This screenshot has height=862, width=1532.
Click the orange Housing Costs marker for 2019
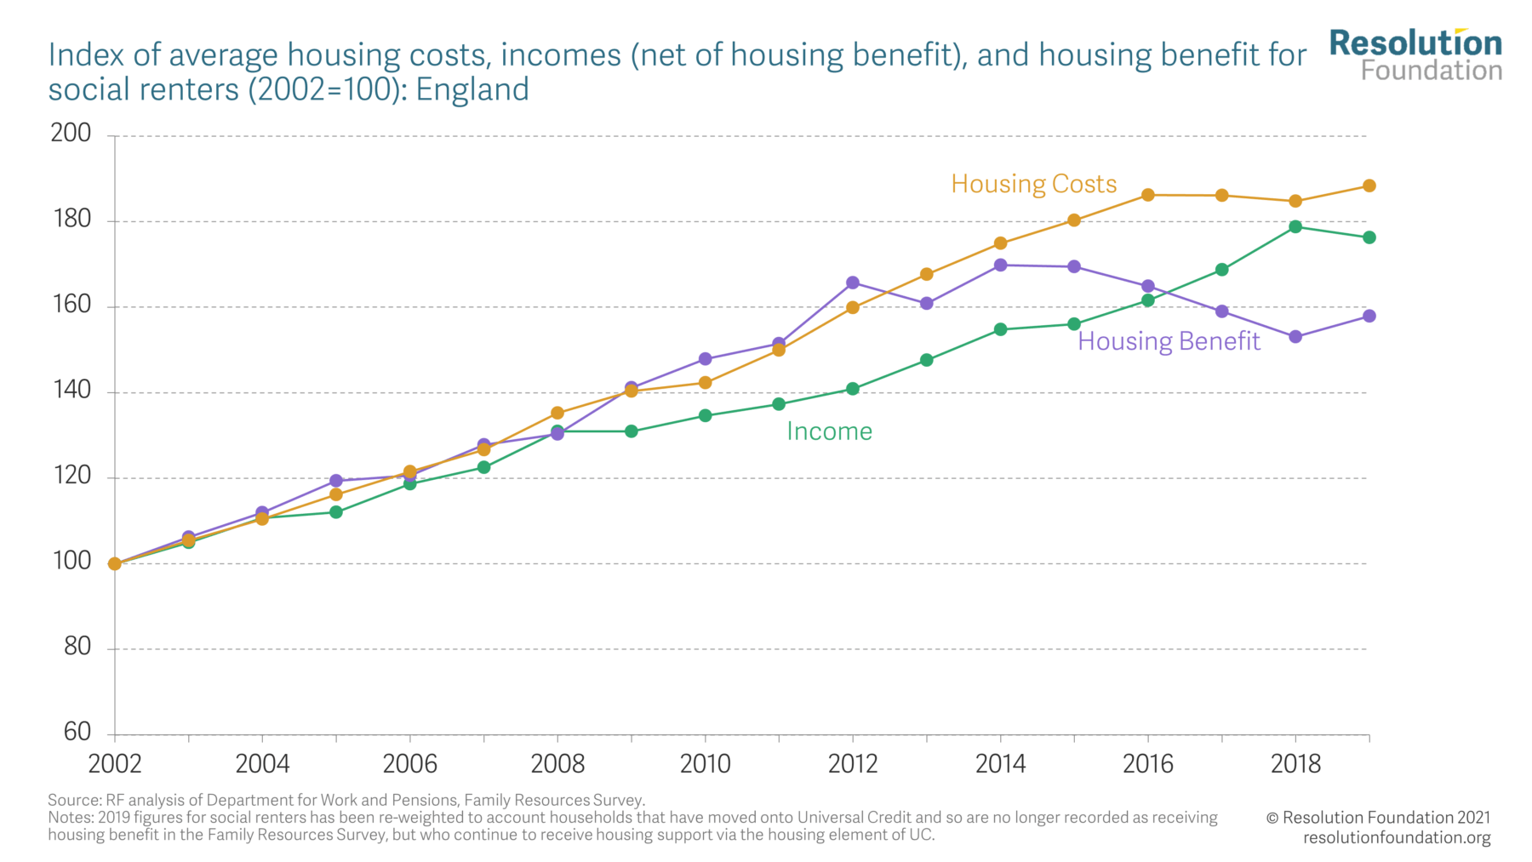pyautogui.click(x=1369, y=186)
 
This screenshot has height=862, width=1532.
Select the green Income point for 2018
pyautogui.click(x=1295, y=226)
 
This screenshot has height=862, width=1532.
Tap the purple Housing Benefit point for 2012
pyautogui.click(x=853, y=283)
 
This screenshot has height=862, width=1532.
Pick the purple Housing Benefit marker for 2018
pyautogui.click(x=1295, y=337)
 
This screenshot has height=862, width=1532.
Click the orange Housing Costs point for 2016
pyautogui.click(x=1147, y=195)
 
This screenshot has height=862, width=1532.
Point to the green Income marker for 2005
pyautogui.click(x=336, y=512)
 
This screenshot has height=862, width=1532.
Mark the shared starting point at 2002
pyautogui.click(x=115, y=563)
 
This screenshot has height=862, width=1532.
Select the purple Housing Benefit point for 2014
pyautogui.click(x=1000, y=265)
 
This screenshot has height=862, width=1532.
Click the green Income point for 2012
pyautogui.click(x=853, y=389)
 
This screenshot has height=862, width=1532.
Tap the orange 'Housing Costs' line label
pyautogui.click(x=1033, y=184)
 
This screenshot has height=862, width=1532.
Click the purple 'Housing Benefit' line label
pyautogui.click(x=1168, y=341)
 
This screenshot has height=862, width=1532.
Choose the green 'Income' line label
pyautogui.click(x=829, y=431)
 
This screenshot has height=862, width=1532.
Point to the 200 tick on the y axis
pyautogui.click(x=71, y=133)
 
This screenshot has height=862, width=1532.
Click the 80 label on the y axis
pyautogui.click(x=77, y=647)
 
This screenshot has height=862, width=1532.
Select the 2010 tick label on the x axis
pyautogui.click(x=705, y=764)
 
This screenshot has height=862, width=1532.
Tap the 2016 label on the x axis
pyautogui.click(x=1147, y=764)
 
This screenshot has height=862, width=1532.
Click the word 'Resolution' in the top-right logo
pyautogui.click(x=1415, y=43)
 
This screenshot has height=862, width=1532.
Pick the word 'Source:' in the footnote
pyautogui.click(x=74, y=800)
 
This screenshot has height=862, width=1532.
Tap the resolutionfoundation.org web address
pyautogui.click(x=1396, y=837)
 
